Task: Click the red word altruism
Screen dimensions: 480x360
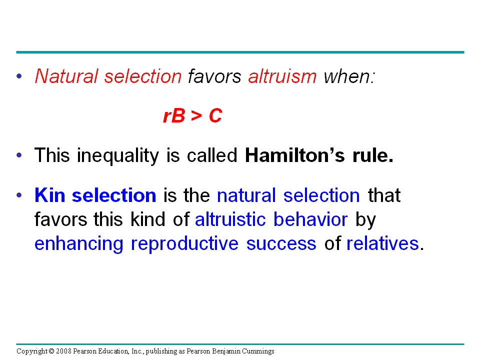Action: pyautogui.click(x=282, y=76)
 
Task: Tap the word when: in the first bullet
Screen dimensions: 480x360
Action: pyautogui.click(x=349, y=76)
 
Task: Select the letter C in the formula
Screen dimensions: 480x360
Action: pyautogui.click(x=215, y=115)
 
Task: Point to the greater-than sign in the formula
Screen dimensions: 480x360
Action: pyautogui.click(x=196, y=116)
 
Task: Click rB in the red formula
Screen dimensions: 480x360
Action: pyautogui.click(x=174, y=115)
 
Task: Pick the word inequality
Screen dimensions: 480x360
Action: pyautogui.click(x=118, y=156)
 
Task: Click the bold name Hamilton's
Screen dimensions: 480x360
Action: pyautogui.click(x=295, y=155)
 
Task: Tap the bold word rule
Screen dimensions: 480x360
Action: pyautogui.click(x=373, y=155)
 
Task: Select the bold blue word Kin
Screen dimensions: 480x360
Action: pyautogui.click(x=49, y=195)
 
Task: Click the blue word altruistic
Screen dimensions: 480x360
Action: pyautogui.click(x=230, y=219)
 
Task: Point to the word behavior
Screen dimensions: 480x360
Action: pyautogui.click(x=310, y=219)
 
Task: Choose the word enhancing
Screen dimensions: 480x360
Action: pyautogui.click(x=78, y=244)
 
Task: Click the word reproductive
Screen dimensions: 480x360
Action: pyautogui.click(x=184, y=244)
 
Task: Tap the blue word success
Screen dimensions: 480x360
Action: pyautogui.click(x=281, y=244)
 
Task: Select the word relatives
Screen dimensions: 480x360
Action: pyautogui.click(x=382, y=243)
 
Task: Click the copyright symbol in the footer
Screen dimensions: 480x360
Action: pyautogui.click(x=51, y=351)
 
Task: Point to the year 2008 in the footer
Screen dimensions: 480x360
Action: pyautogui.click(x=63, y=351)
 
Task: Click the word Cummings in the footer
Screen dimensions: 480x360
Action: pyautogui.click(x=258, y=351)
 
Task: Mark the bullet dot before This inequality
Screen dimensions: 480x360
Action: pyautogui.click(x=19, y=155)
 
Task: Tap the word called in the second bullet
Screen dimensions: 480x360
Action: pyautogui.click(x=212, y=155)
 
